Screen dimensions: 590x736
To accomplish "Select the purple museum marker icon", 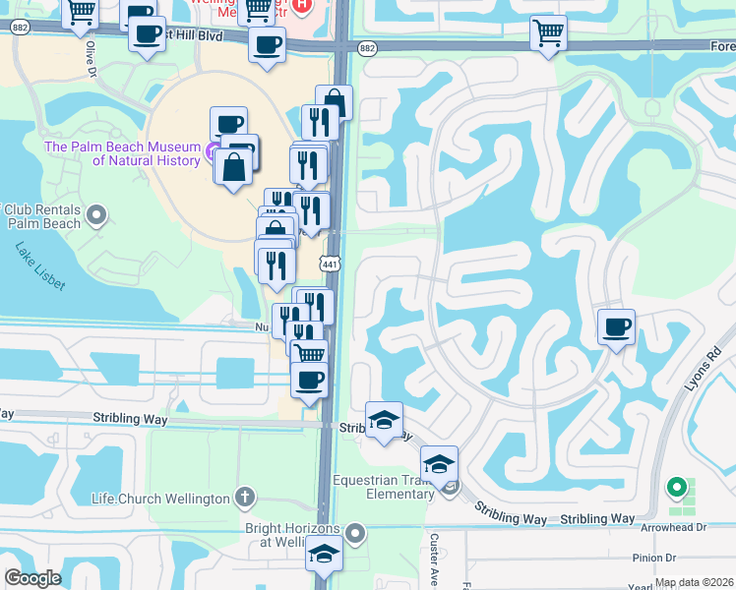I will (x=214, y=148).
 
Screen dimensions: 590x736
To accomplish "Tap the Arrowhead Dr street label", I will (x=673, y=526).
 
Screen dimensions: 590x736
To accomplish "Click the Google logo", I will (x=32, y=578).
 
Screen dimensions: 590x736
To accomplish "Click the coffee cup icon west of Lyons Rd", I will (x=616, y=325).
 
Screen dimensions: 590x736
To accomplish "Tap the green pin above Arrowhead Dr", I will (x=675, y=487).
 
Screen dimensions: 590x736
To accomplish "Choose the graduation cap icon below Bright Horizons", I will (x=324, y=554).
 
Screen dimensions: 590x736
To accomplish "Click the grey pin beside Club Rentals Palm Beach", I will (x=96, y=213).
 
